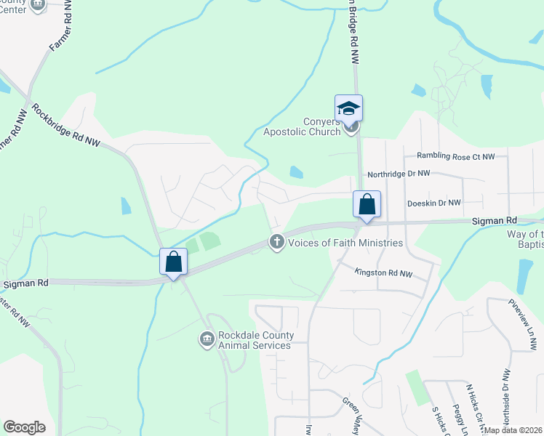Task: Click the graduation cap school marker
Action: [348, 109]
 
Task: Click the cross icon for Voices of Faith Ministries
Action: [276, 242]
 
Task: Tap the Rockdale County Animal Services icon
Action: [207, 339]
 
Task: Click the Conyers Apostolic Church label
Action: [321, 126]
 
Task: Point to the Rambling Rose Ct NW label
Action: [455, 156]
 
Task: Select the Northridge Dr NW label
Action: [399, 174]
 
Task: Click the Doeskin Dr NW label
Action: [434, 203]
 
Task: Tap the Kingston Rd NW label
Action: [383, 273]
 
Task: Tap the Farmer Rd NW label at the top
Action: [61, 32]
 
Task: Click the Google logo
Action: [24, 427]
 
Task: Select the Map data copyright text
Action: [513, 430]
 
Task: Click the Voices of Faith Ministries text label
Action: [345, 243]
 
